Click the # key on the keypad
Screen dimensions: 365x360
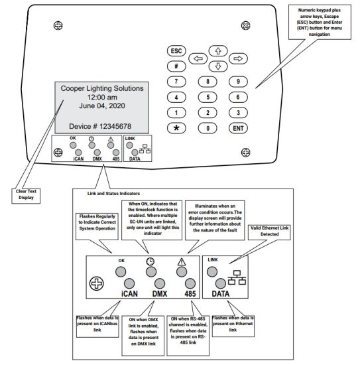(176, 66)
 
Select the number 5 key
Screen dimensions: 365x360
(208, 97)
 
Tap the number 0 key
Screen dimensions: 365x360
(208, 127)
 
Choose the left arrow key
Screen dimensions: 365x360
(197, 58)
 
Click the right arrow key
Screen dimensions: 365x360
(239, 58)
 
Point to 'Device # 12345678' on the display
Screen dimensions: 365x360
(101, 125)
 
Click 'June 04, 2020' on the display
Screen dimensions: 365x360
(101, 106)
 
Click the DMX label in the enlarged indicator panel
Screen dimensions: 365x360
(159, 293)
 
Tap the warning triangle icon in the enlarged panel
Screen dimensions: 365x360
(180, 261)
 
